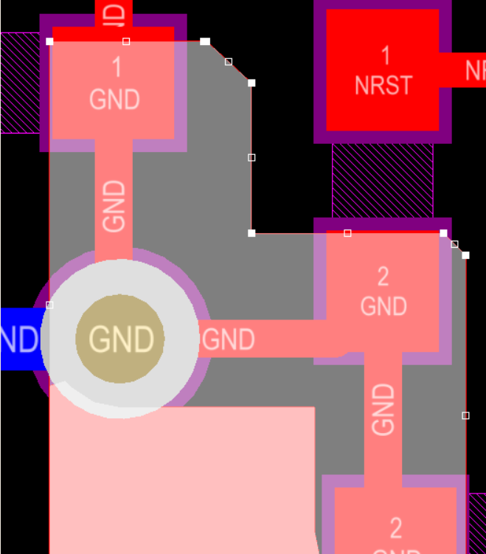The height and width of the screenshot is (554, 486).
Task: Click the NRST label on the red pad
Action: pyautogui.click(x=383, y=85)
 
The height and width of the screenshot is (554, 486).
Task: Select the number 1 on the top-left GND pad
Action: pyautogui.click(x=117, y=68)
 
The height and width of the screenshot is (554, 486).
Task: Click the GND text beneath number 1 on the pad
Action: pyautogui.click(x=114, y=99)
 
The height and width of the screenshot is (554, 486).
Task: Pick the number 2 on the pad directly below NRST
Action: pyautogui.click(x=383, y=277)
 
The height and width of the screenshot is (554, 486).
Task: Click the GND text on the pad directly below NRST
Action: pyautogui.click(x=383, y=305)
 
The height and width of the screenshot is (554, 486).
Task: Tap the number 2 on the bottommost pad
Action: pyautogui.click(x=396, y=528)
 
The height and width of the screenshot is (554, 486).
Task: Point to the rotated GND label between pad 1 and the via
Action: pyautogui.click(x=114, y=207)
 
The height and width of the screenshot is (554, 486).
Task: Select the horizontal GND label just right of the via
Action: pyautogui.click(x=229, y=339)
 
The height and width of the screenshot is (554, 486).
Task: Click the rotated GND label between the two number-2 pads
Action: pyautogui.click(x=383, y=409)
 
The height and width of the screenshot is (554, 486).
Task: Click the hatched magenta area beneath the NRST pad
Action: pyautogui.click(x=382, y=180)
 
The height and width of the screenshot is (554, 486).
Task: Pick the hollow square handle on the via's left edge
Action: pyautogui.click(x=49, y=305)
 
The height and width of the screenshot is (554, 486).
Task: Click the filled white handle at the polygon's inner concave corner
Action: pyautogui.click(x=251, y=233)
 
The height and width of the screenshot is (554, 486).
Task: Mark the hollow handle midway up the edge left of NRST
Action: pyautogui.click(x=251, y=157)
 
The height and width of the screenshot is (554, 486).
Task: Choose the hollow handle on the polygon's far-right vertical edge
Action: pyautogui.click(x=465, y=415)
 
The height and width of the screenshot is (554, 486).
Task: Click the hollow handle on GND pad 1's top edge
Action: pyautogui.click(x=126, y=41)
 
